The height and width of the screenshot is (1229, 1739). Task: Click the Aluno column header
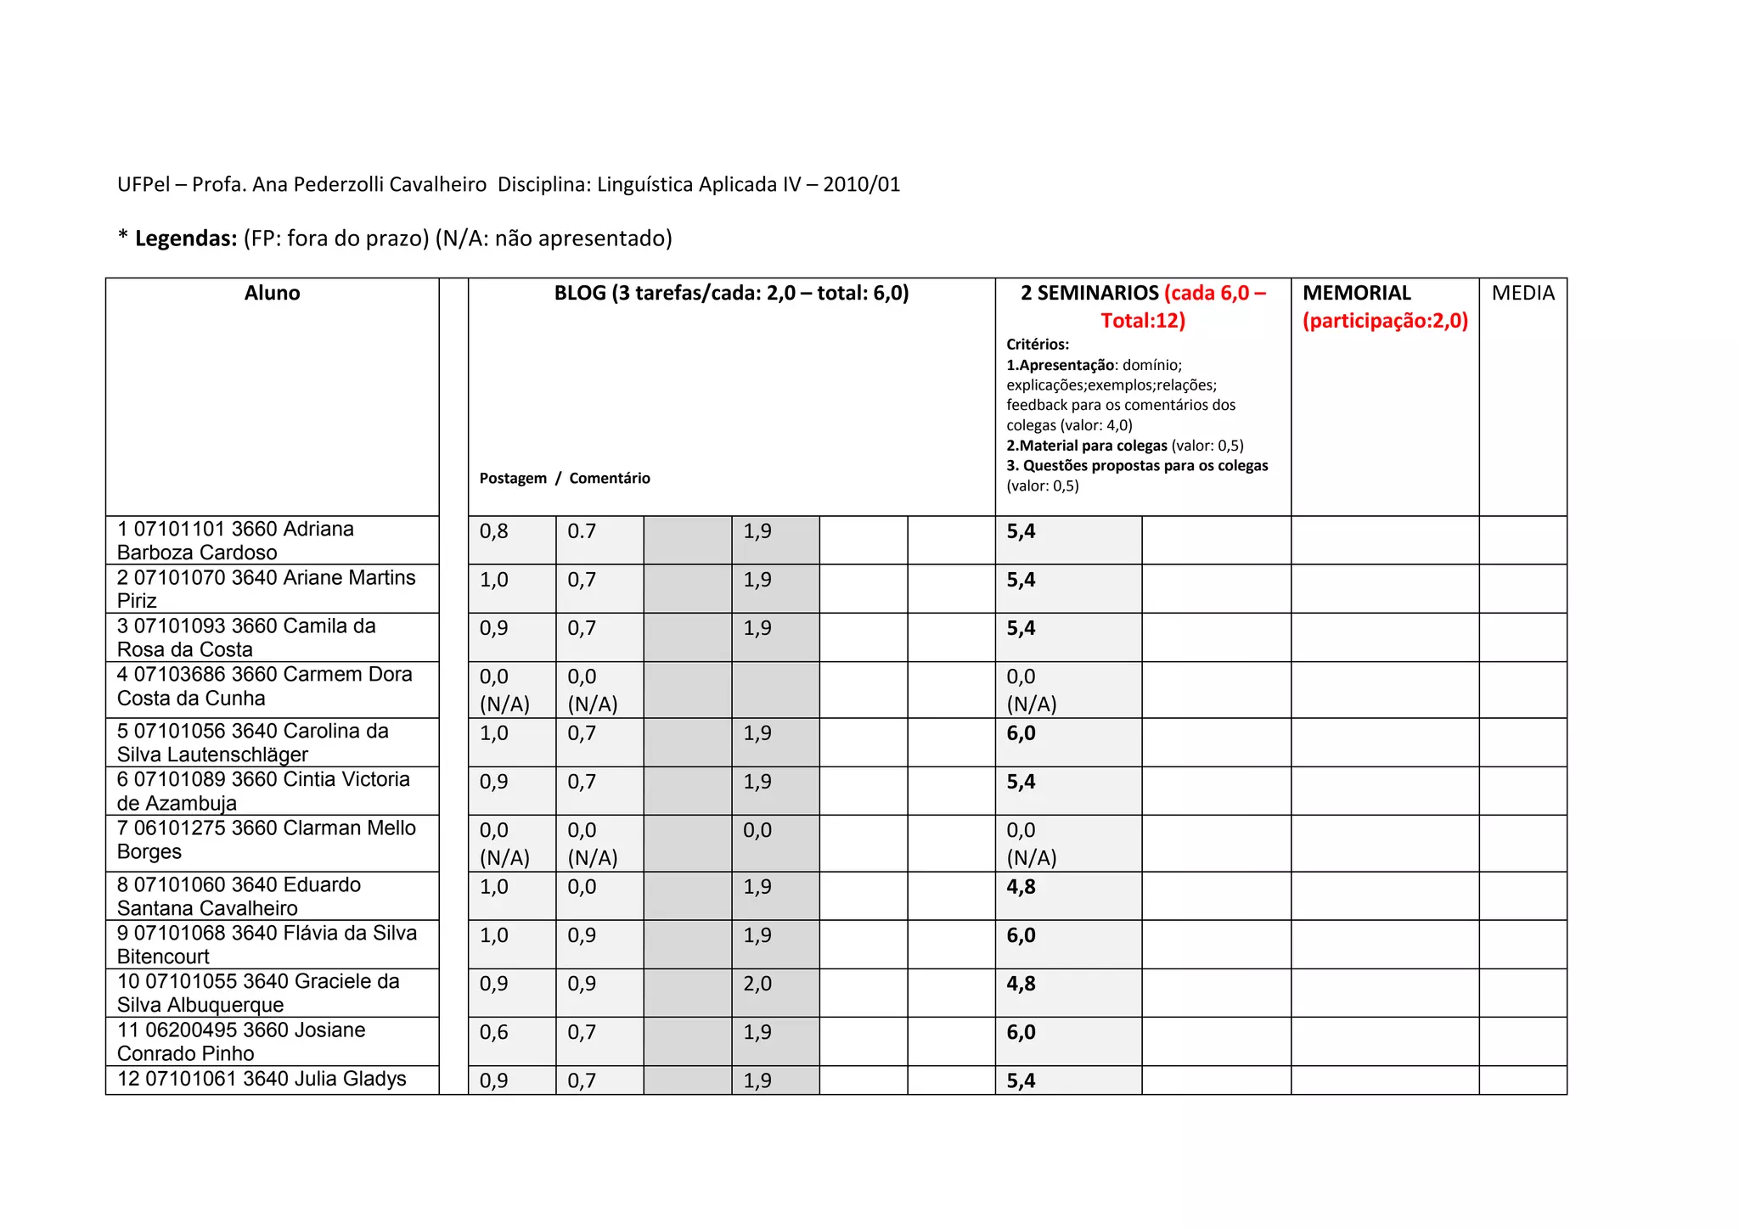(272, 294)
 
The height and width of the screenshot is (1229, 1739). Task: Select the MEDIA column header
(1522, 294)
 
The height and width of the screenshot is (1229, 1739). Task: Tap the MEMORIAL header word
(1356, 294)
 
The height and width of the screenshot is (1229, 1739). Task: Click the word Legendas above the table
(186, 239)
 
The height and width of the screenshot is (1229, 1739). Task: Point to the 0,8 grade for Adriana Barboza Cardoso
(494, 532)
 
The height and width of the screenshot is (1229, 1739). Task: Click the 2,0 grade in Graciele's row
(757, 985)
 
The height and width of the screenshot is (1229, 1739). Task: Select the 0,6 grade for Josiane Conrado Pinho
(494, 1033)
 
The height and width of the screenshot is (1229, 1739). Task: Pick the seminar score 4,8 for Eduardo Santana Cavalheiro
(1021, 888)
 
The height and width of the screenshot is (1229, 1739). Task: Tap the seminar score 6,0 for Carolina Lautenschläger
(1021, 734)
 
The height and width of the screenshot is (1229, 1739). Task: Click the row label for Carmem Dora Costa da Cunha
(264, 687)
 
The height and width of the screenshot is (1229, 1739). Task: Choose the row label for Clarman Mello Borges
(266, 840)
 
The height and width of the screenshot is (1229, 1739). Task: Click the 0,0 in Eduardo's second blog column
(582, 888)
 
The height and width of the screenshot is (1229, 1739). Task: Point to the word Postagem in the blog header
(513, 479)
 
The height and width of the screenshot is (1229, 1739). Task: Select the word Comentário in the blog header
(610, 479)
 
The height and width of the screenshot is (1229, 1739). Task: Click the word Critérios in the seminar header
(1038, 345)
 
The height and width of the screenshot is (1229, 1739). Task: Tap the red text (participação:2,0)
(1385, 321)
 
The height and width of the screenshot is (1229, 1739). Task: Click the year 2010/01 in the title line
(861, 185)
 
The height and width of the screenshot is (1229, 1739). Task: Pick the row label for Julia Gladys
(262, 1080)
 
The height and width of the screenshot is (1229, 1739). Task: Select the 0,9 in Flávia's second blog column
(582, 936)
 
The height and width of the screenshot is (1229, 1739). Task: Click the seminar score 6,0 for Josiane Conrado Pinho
(1021, 1033)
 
